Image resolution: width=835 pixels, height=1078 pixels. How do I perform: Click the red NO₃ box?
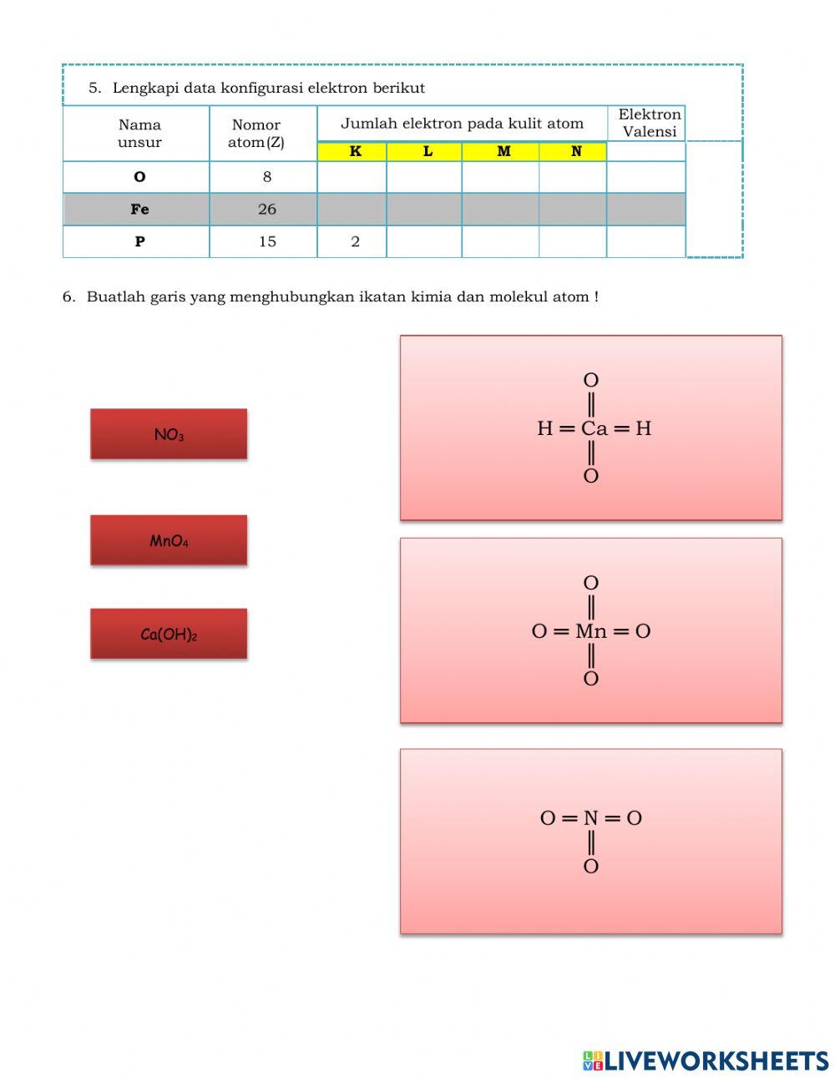click(169, 434)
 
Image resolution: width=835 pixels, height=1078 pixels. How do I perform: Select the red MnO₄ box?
click(169, 540)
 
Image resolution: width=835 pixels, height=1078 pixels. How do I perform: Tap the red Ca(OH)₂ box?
click(169, 634)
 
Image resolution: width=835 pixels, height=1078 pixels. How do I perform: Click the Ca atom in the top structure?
click(594, 428)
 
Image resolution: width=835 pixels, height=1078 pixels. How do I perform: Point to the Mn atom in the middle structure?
click(591, 631)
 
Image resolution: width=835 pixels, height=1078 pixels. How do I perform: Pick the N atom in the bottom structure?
click(591, 818)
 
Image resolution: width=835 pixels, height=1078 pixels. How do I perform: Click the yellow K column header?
click(355, 152)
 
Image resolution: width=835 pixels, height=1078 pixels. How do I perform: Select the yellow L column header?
click(427, 152)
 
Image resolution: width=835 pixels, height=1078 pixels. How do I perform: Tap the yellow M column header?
click(503, 152)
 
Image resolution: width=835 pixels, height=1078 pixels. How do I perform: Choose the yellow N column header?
click(575, 152)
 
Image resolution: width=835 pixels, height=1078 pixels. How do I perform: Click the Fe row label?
click(139, 210)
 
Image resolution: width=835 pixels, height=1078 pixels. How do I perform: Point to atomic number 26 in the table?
click(266, 210)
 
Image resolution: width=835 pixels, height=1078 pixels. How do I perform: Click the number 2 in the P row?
click(355, 241)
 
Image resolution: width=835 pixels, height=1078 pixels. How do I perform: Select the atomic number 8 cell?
click(266, 177)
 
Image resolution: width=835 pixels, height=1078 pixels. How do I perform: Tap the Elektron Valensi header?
click(649, 123)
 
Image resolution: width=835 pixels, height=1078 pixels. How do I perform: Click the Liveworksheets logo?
click(706, 1060)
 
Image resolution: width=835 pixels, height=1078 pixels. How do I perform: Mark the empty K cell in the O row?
click(352, 177)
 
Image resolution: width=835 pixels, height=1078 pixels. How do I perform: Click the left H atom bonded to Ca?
click(544, 428)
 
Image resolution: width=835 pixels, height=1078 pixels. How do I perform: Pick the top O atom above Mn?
click(591, 583)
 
